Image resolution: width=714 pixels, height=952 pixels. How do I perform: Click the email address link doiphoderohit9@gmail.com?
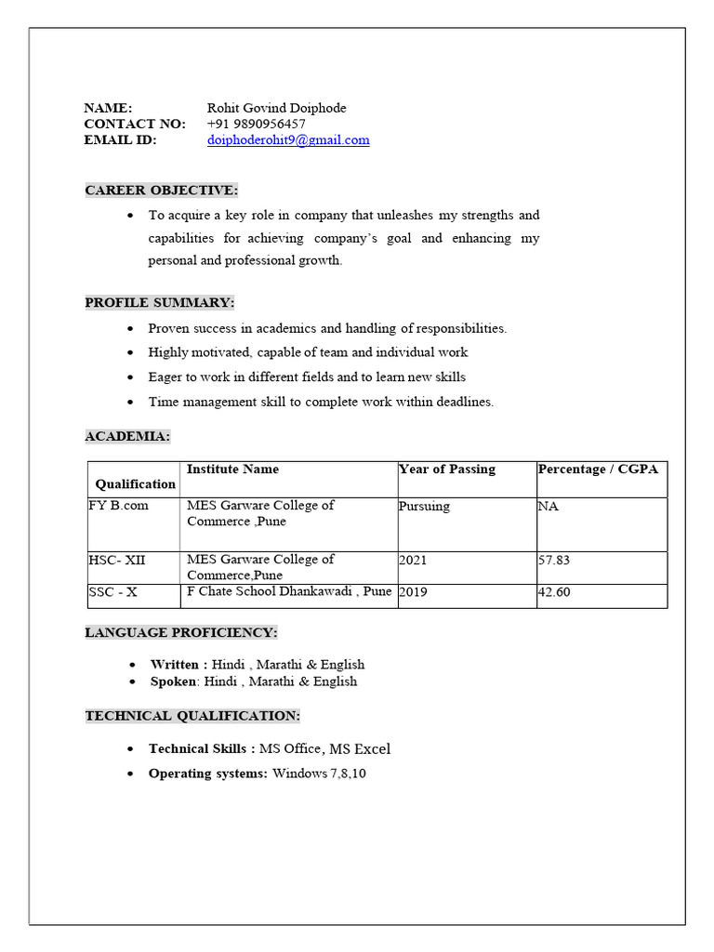288,140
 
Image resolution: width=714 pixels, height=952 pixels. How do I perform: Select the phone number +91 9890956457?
256,124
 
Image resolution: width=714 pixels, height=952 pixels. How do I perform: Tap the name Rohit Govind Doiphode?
276,108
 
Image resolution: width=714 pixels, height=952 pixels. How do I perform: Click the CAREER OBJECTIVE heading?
162,191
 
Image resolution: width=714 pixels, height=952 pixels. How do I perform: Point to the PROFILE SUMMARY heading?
160,303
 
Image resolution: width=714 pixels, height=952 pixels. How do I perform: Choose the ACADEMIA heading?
127,436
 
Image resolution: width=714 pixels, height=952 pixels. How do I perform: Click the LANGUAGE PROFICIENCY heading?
181,633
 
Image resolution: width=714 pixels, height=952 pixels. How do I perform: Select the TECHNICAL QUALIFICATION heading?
192,716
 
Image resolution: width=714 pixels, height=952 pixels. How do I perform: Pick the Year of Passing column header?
447,469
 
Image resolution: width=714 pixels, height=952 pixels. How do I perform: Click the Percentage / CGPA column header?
598,469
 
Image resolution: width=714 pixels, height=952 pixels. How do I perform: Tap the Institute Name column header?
232,469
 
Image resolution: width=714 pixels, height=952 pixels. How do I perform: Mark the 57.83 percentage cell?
554,561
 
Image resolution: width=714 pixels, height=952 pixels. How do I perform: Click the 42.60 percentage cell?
554,592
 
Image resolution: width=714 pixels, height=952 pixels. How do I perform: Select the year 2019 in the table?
413,592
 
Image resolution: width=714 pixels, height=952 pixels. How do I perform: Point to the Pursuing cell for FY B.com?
424,507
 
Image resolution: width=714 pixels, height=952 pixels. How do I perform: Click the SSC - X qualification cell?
112,592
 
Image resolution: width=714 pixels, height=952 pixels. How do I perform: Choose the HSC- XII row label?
117,561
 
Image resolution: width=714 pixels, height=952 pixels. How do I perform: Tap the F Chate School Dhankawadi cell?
289,591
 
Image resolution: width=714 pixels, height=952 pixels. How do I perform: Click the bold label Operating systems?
208,773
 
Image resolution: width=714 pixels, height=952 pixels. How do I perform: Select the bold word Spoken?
174,681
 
